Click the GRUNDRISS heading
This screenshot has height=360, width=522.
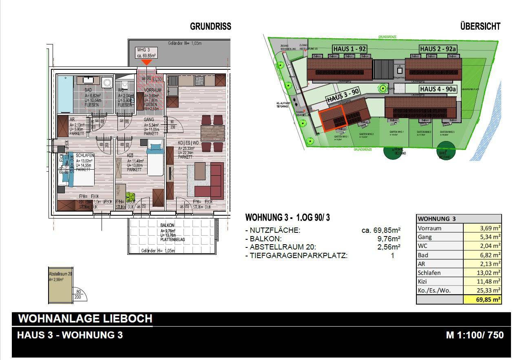pyautogui.click(x=210, y=27)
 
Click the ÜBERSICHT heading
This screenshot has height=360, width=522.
pyautogui.click(x=480, y=27)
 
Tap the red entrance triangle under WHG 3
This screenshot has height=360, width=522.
pyautogui.click(x=146, y=62)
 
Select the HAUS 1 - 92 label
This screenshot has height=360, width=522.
pyautogui.click(x=349, y=49)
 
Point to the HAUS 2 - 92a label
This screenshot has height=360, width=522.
pyautogui.click(x=438, y=49)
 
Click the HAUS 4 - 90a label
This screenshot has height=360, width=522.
pyautogui.click(x=438, y=89)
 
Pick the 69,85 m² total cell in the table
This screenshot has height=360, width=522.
pyautogui.click(x=483, y=300)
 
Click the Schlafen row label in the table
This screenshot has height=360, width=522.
pyautogui.click(x=429, y=273)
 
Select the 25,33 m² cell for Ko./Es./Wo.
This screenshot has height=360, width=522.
pyautogui.click(x=483, y=291)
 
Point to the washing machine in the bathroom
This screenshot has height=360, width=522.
pyautogui.click(x=107, y=83)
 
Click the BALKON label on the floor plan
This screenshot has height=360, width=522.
pyautogui.click(x=167, y=225)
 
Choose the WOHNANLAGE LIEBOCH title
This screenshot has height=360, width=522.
pyautogui.click(x=85, y=318)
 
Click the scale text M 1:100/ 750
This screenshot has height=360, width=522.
pyautogui.click(x=475, y=335)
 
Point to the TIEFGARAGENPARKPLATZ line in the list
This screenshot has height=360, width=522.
pyautogui.click(x=299, y=256)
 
